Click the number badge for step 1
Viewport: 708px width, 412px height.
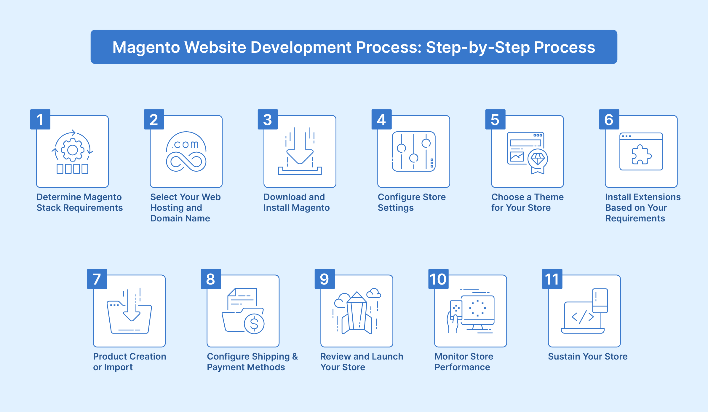point(40,119)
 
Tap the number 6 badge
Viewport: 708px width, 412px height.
point(609,119)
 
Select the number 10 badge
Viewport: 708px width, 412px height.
point(438,279)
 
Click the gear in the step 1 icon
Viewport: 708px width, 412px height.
point(72,150)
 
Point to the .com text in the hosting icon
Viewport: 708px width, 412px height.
point(186,144)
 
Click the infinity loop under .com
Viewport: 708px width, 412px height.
point(186,162)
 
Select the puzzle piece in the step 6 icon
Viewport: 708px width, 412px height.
point(641,154)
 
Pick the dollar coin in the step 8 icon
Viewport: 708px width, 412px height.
point(254,324)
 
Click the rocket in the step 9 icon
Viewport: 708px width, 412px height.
point(357,313)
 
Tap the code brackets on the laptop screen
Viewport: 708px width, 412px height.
point(583,317)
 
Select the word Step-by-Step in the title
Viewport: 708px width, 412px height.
point(478,47)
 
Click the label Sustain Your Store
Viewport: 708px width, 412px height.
point(588,356)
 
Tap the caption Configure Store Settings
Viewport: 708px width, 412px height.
point(412,202)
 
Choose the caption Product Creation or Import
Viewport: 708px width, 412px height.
point(130,362)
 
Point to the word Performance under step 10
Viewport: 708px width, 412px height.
point(462,367)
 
